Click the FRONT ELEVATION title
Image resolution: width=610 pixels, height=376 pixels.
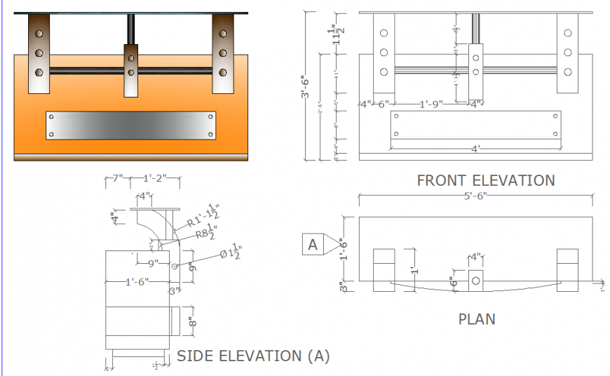485,180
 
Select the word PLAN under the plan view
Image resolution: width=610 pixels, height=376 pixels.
477,319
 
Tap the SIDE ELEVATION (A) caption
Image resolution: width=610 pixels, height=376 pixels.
252,356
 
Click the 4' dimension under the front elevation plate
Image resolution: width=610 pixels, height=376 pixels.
476,149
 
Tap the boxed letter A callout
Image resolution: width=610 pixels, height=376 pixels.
312,244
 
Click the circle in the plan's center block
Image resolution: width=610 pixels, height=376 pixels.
476,281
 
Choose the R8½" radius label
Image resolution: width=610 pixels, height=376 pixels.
206,232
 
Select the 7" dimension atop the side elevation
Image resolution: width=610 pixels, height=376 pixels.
118,179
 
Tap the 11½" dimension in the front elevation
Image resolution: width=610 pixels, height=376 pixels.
339,34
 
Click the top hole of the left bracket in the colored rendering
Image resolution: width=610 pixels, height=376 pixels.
39,34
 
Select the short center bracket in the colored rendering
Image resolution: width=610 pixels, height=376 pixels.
130,70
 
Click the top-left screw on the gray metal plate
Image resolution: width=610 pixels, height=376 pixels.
50,116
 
